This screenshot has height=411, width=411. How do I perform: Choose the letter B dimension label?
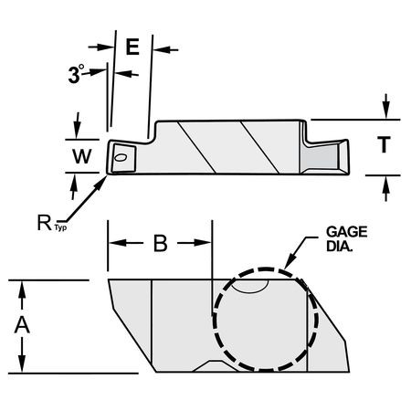160,244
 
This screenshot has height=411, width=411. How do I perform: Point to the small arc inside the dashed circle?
248,286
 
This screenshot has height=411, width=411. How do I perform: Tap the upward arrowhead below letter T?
388,182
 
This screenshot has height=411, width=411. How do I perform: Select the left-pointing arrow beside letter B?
116,244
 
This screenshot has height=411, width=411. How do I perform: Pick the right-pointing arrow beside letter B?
205,244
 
